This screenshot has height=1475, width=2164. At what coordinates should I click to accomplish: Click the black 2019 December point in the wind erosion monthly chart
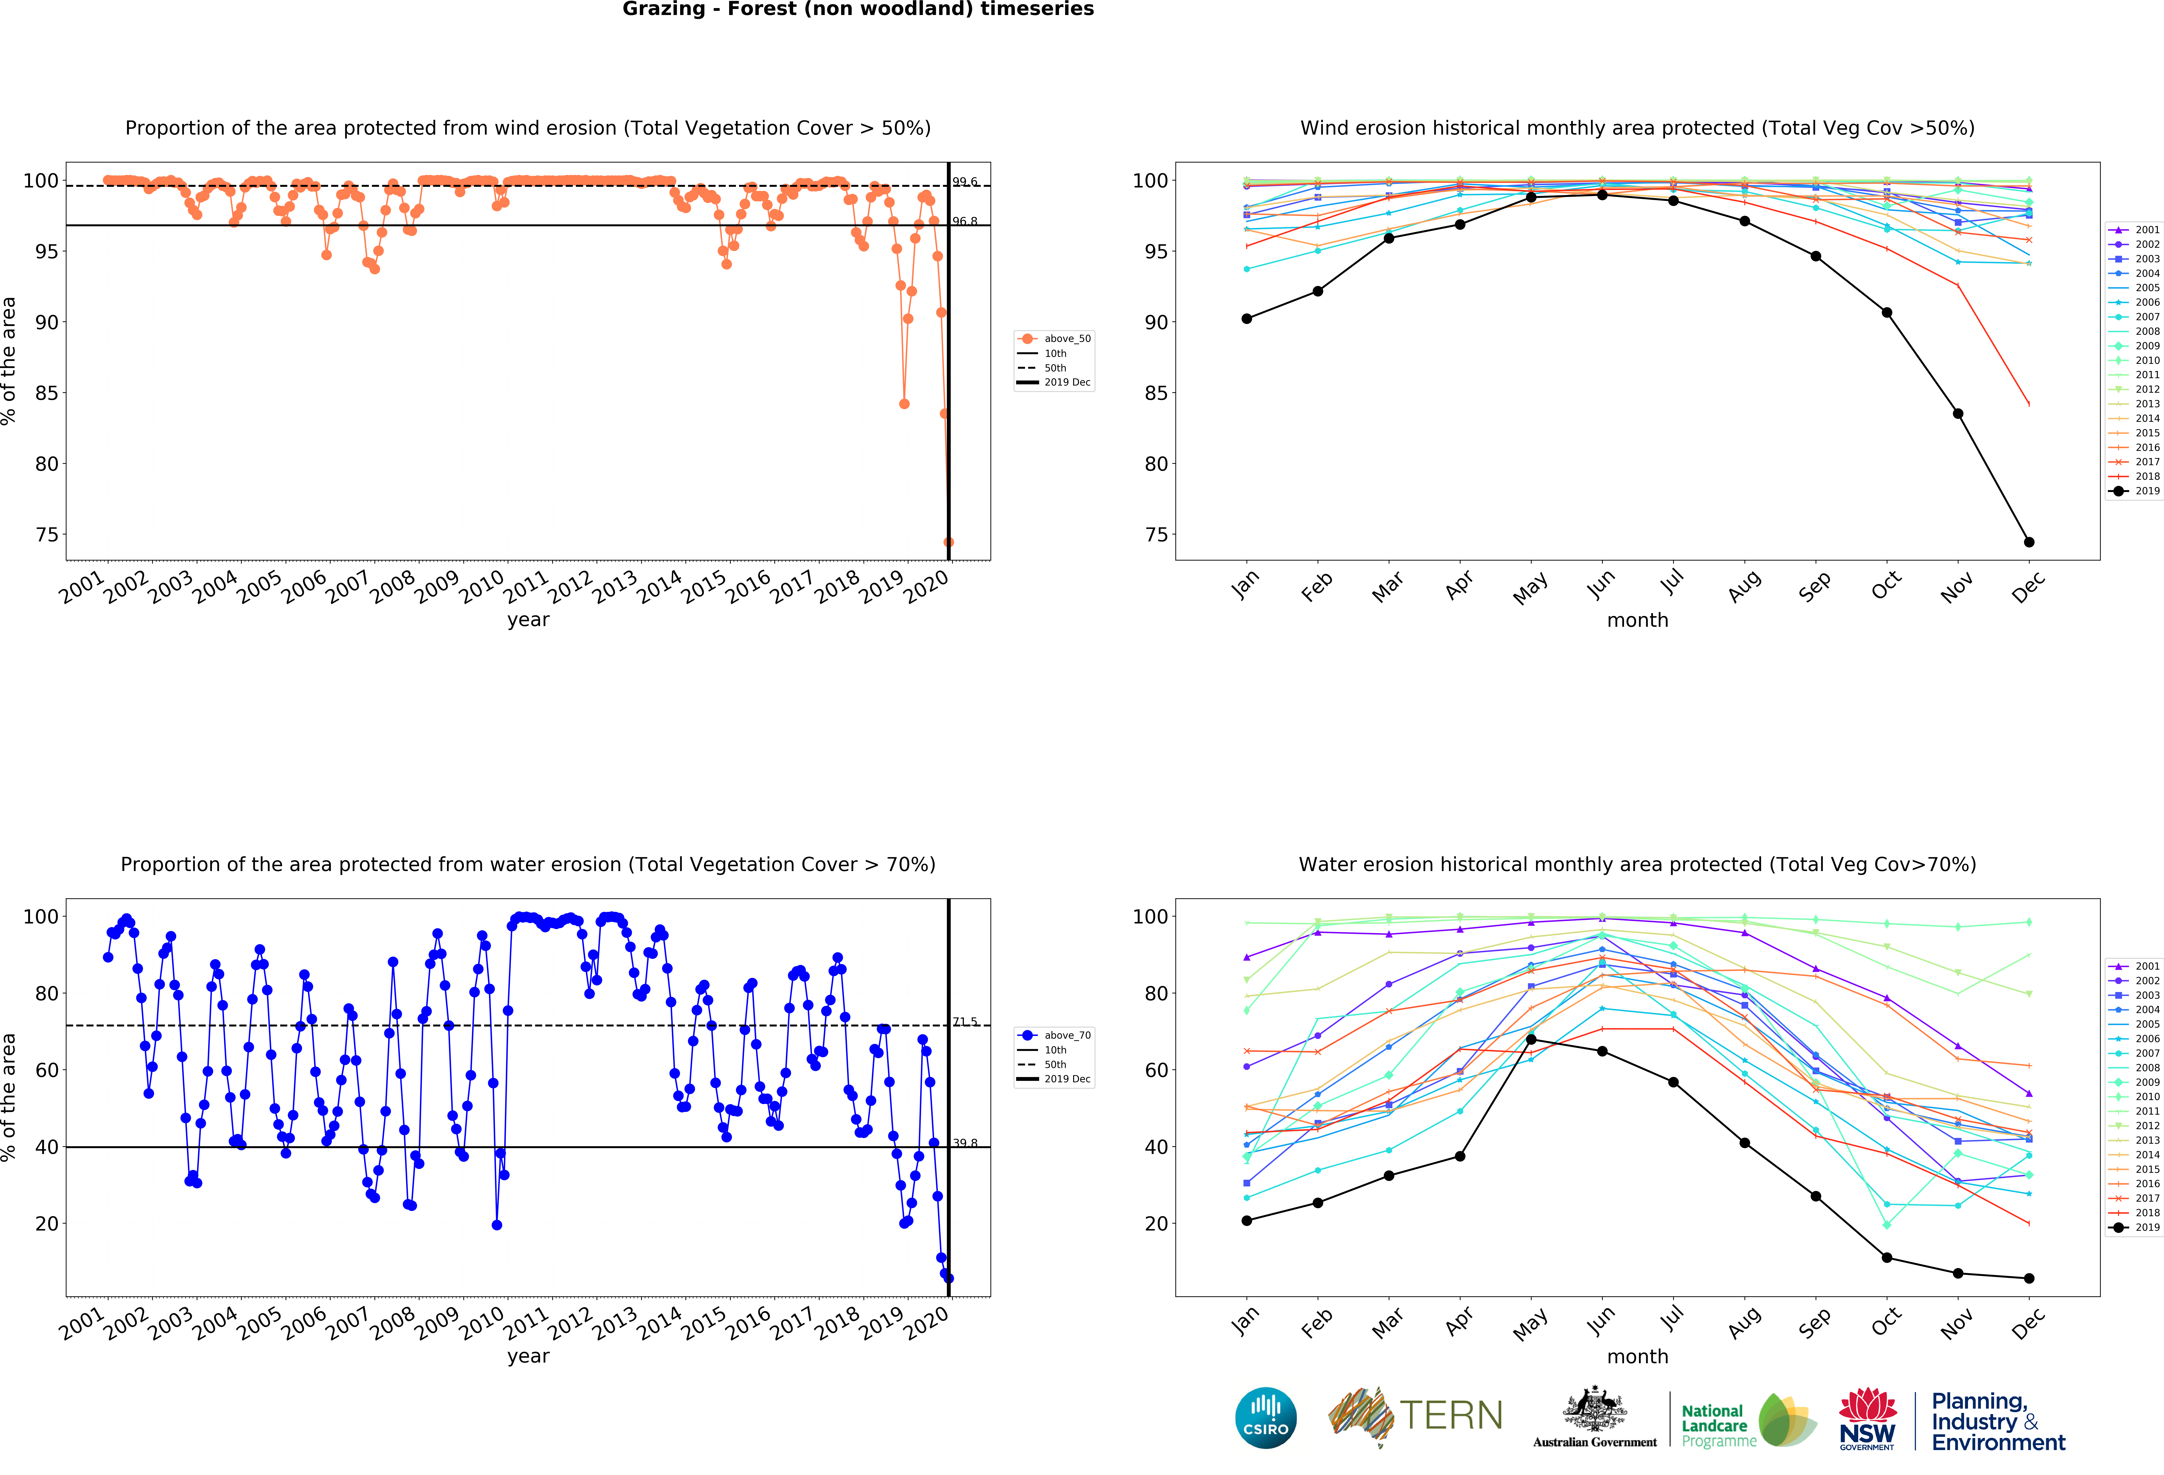pyautogui.click(x=2029, y=542)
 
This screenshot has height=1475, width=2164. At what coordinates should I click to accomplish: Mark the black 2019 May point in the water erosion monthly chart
pyautogui.click(x=1531, y=1039)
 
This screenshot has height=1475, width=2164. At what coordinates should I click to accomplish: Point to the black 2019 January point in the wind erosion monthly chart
pyautogui.click(x=1247, y=318)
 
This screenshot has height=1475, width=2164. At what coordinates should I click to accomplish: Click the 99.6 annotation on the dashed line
pyautogui.click(x=965, y=182)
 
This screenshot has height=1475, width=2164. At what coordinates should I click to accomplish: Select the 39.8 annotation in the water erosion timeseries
pyautogui.click(x=965, y=1143)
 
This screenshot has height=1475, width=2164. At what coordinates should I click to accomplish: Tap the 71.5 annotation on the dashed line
pyautogui.click(x=965, y=1022)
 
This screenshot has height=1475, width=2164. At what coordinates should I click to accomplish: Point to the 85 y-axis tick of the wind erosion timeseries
pyautogui.click(x=47, y=393)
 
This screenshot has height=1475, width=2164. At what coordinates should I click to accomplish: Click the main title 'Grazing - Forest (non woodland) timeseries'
pyautogui.click(x=858, y=9)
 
